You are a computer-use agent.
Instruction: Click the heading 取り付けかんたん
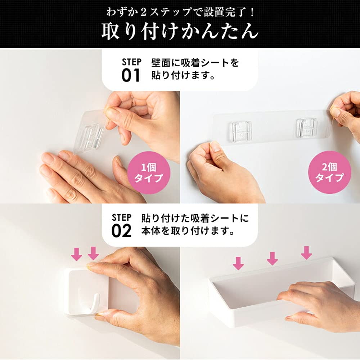(180, 31)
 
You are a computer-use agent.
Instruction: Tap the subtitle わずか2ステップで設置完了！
(180, 12)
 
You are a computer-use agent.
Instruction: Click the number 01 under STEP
(131, 76)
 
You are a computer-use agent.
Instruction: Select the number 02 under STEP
(121, 231)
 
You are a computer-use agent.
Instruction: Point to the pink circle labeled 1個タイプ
(149, 173)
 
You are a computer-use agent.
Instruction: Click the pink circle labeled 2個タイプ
(329, 172)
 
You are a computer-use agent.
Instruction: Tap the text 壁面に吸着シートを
(195, 63)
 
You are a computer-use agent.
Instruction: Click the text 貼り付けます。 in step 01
(183, 75)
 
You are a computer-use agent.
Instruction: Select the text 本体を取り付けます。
(188, 231)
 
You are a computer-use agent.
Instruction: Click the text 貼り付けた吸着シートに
(195, 218)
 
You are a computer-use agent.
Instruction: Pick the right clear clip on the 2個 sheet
(307, 128)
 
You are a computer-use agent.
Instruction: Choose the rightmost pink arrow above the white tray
(306, 253)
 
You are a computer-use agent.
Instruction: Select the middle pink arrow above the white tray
(272, 258)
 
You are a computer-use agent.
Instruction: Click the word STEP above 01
(131, 62)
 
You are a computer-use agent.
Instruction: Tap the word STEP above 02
(122, 217)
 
